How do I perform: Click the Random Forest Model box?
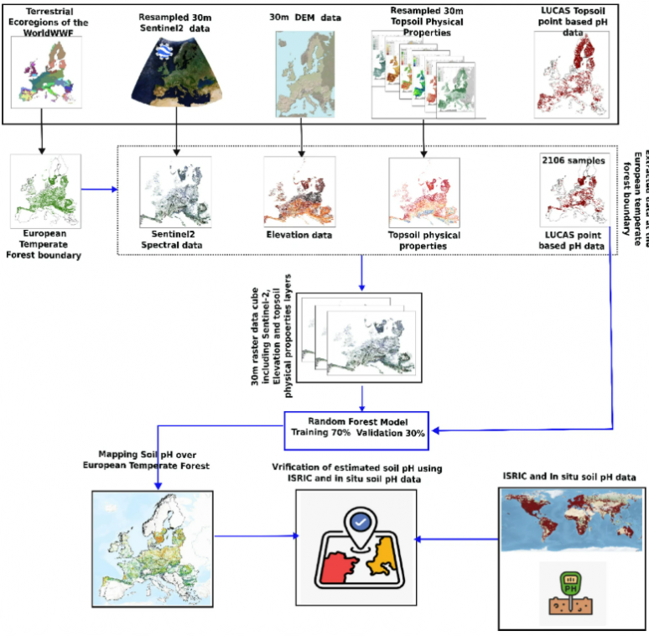tap(356, 427)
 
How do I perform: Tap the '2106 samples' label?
tap(573, 161)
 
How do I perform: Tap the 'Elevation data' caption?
tap(298, 235)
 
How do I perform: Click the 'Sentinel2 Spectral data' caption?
tap(177, 240)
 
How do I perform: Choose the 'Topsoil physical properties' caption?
tap(424, 241)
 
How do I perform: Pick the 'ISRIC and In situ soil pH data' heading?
tap(569, 477)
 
